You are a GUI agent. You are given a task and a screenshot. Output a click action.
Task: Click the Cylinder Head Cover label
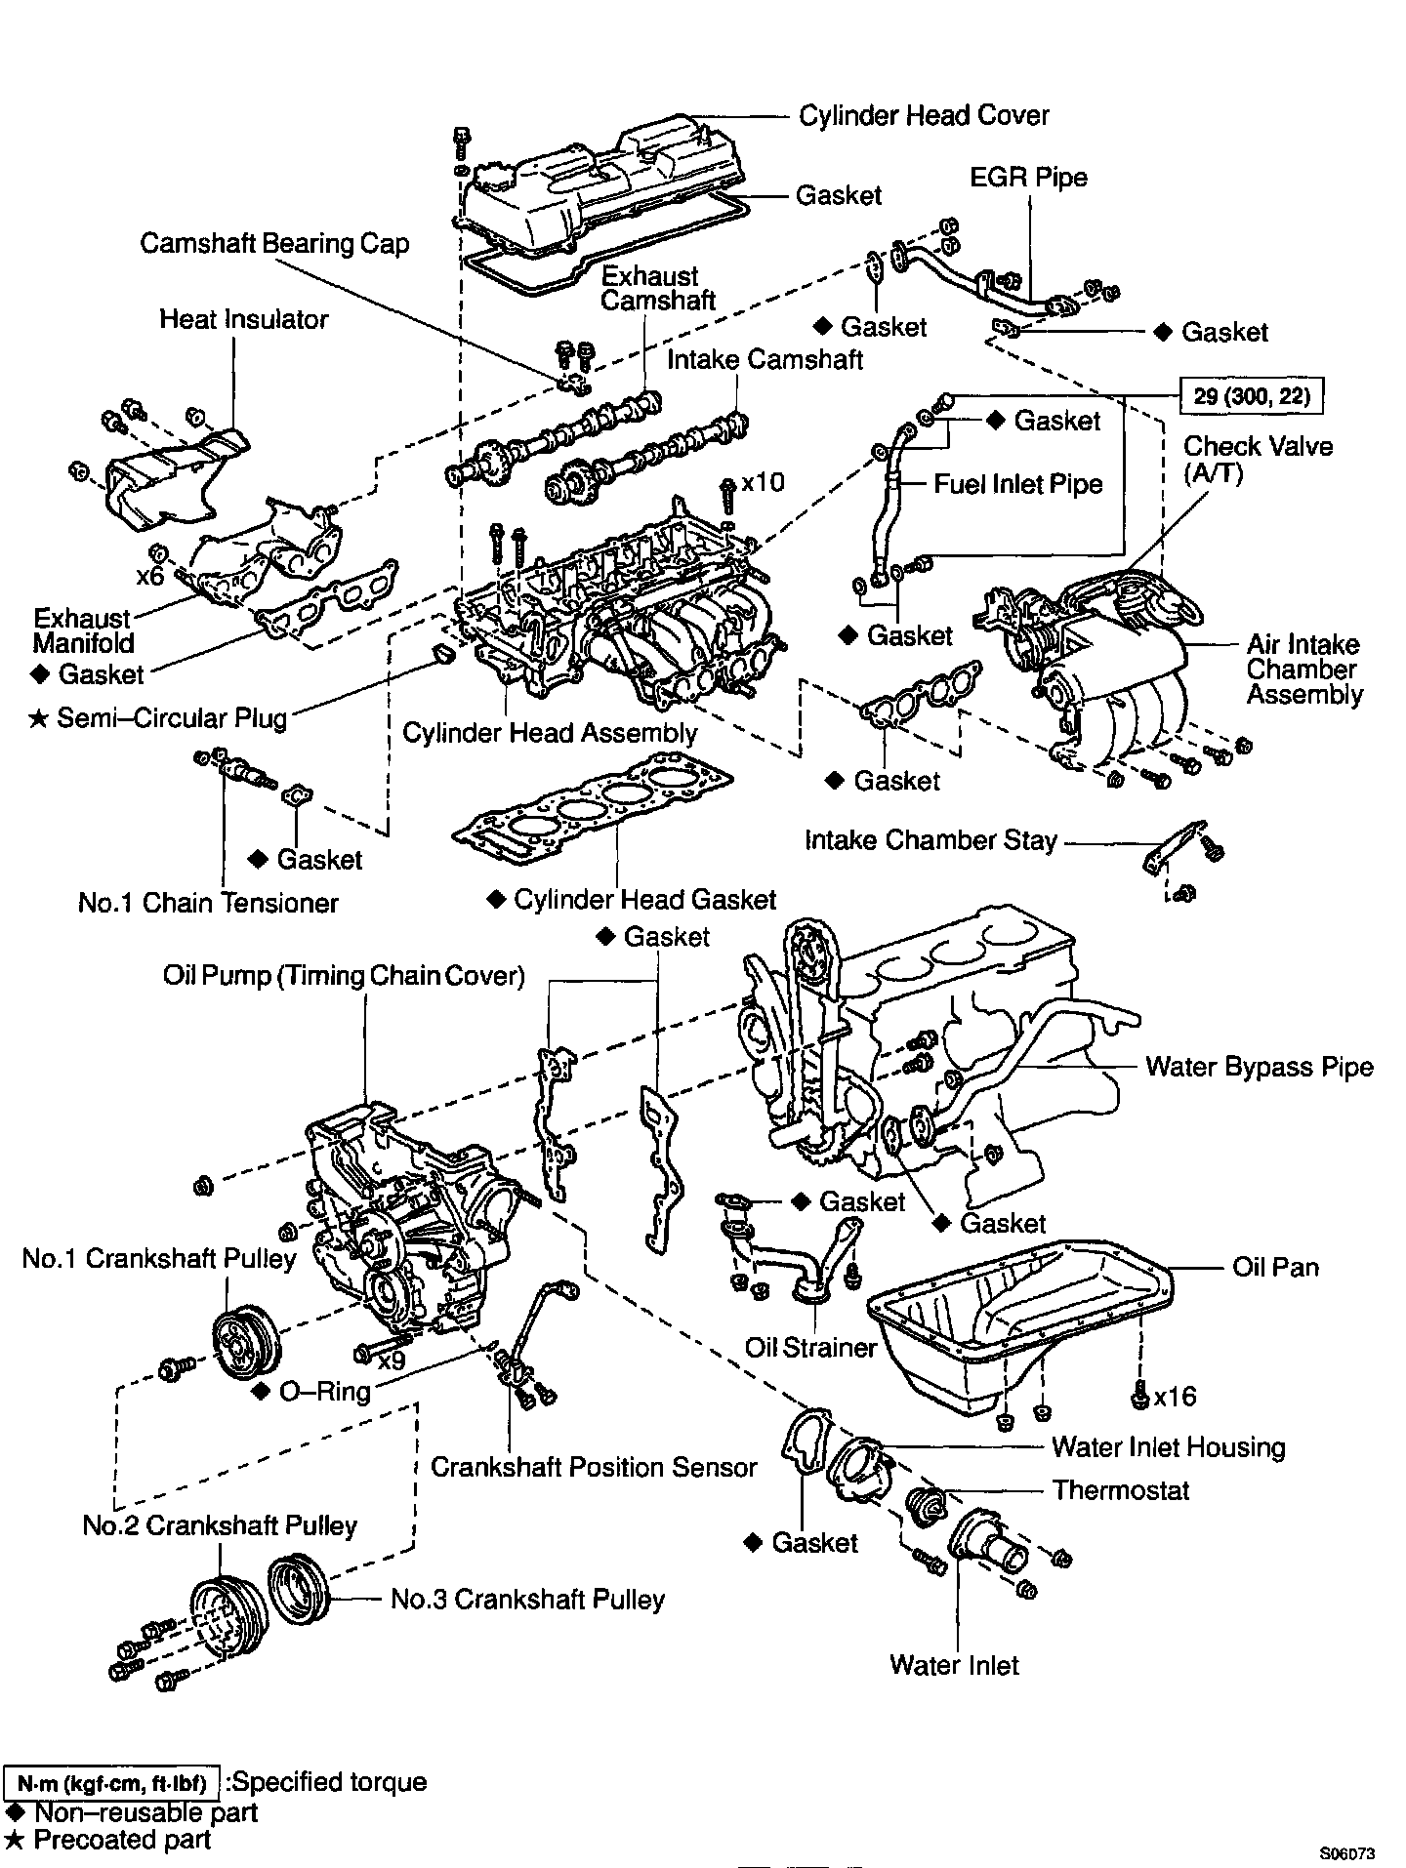924,115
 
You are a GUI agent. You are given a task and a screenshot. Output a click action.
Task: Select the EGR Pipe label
1028,178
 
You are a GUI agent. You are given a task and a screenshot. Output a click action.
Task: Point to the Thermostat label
1121,1490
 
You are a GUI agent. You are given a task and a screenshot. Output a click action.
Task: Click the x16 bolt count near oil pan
1175,1397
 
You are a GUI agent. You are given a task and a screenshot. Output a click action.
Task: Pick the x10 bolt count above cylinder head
763,482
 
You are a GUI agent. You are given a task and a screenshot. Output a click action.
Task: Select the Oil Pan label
1275,1267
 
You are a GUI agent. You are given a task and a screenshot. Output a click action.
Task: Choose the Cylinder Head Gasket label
644,900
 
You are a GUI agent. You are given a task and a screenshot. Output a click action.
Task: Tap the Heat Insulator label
244,319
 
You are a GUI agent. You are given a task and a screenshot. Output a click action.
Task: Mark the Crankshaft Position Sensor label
594,1467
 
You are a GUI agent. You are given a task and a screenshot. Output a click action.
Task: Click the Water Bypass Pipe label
1260,1066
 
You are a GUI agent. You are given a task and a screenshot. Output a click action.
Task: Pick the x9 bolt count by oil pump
392,1360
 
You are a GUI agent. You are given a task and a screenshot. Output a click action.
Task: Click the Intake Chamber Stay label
930,840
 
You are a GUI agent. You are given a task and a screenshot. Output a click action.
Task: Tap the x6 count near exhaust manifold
149,576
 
